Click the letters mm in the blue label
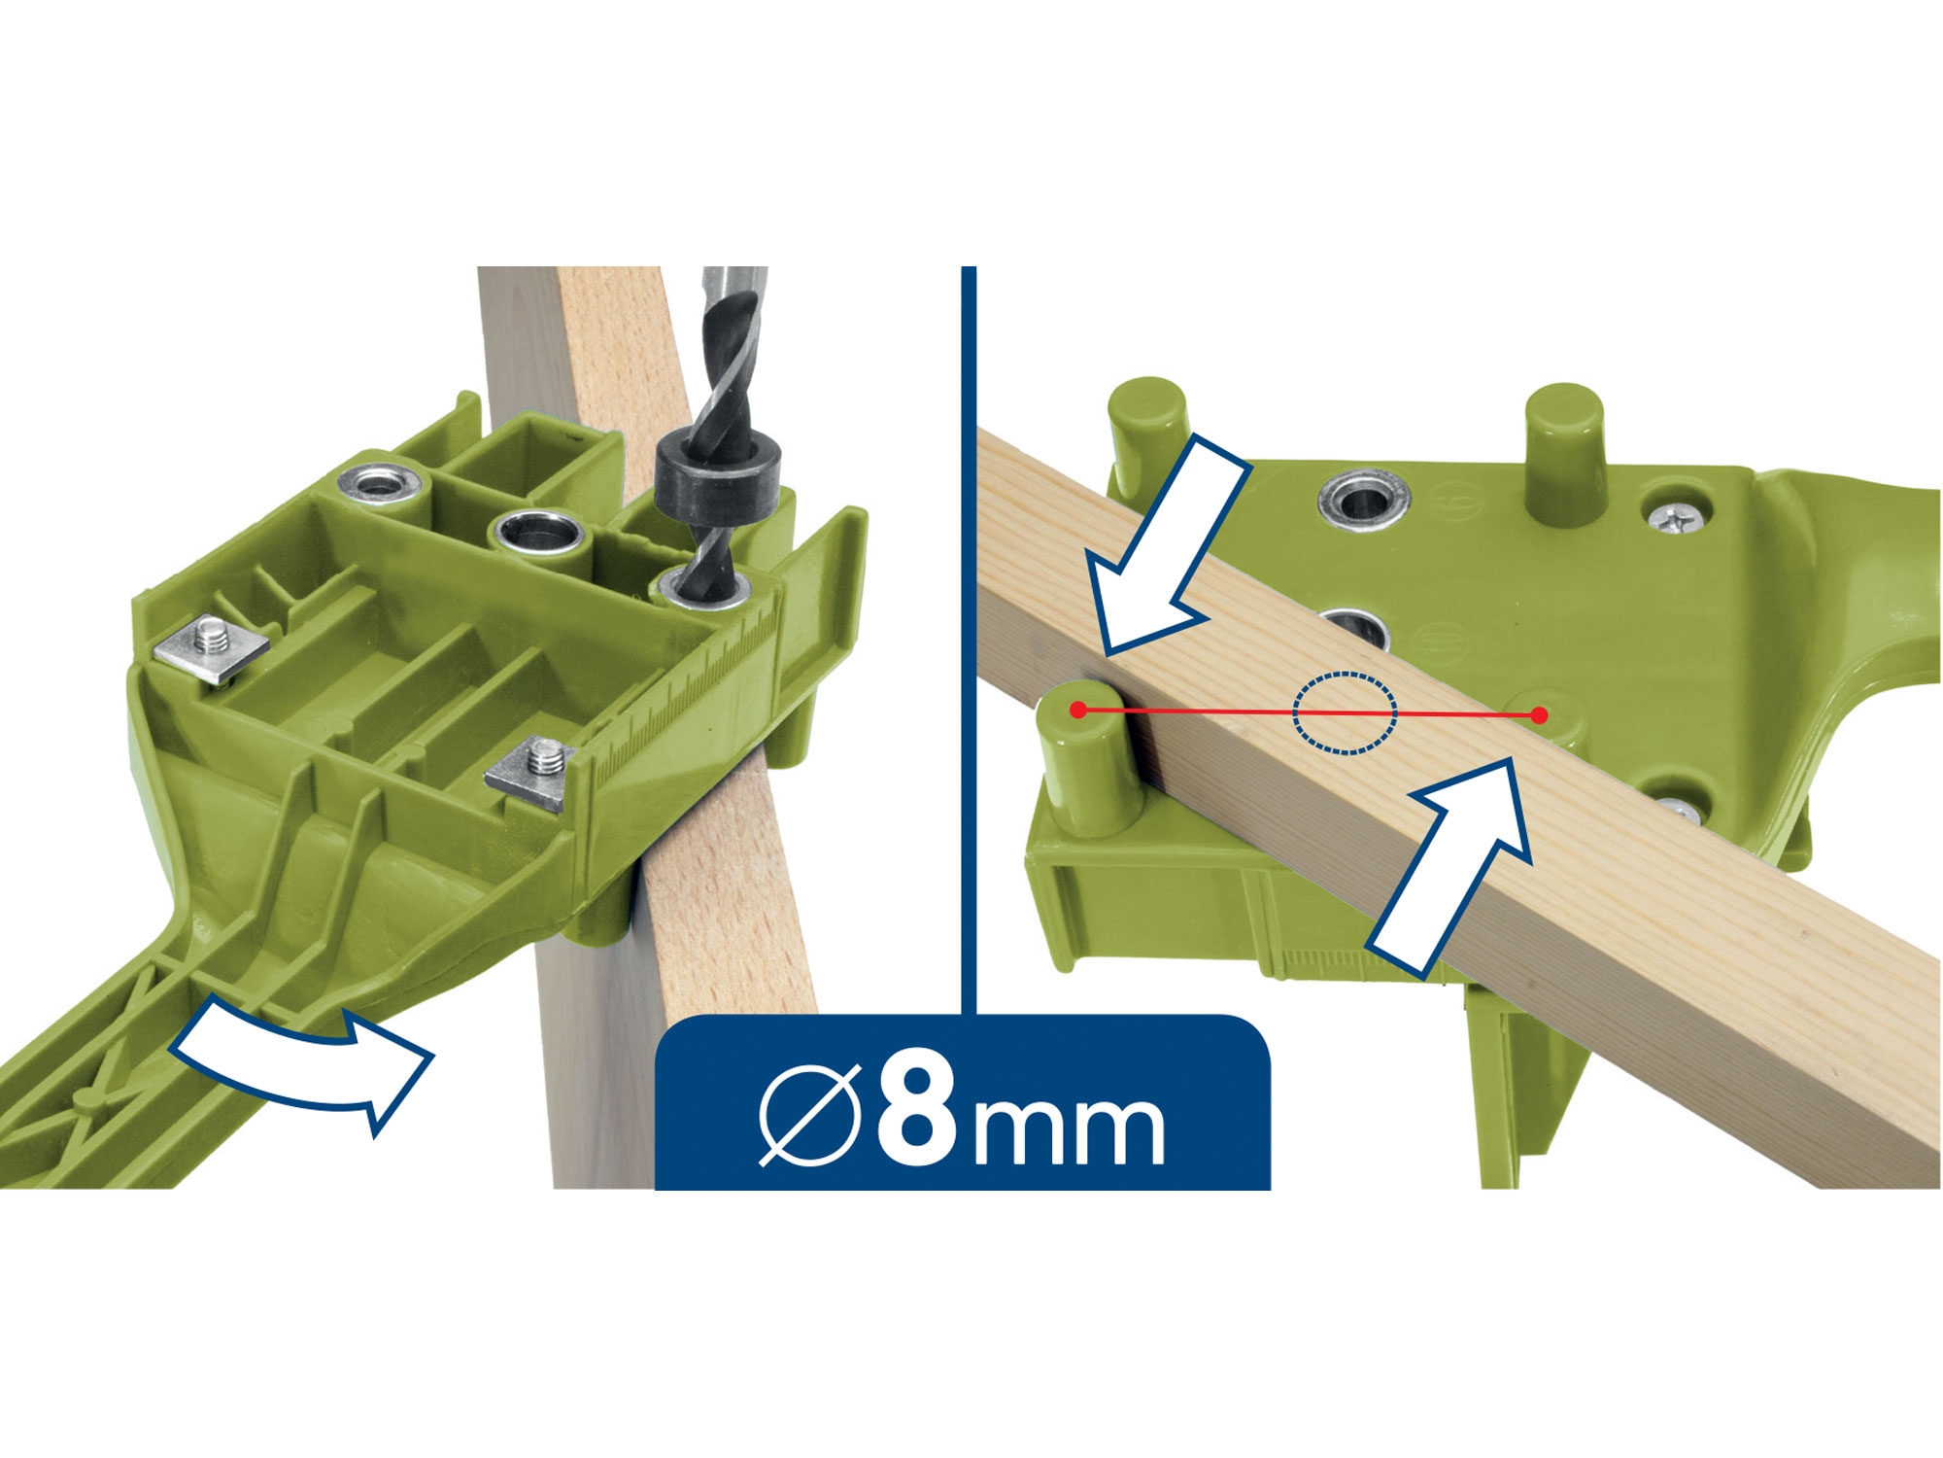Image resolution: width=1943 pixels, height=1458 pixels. [1070, 1130]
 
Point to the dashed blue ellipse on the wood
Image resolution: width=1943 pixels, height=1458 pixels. [1345, 713]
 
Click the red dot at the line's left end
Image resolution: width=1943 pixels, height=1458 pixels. [1077, 711]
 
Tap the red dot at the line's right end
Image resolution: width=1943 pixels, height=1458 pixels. [1539, 716]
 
